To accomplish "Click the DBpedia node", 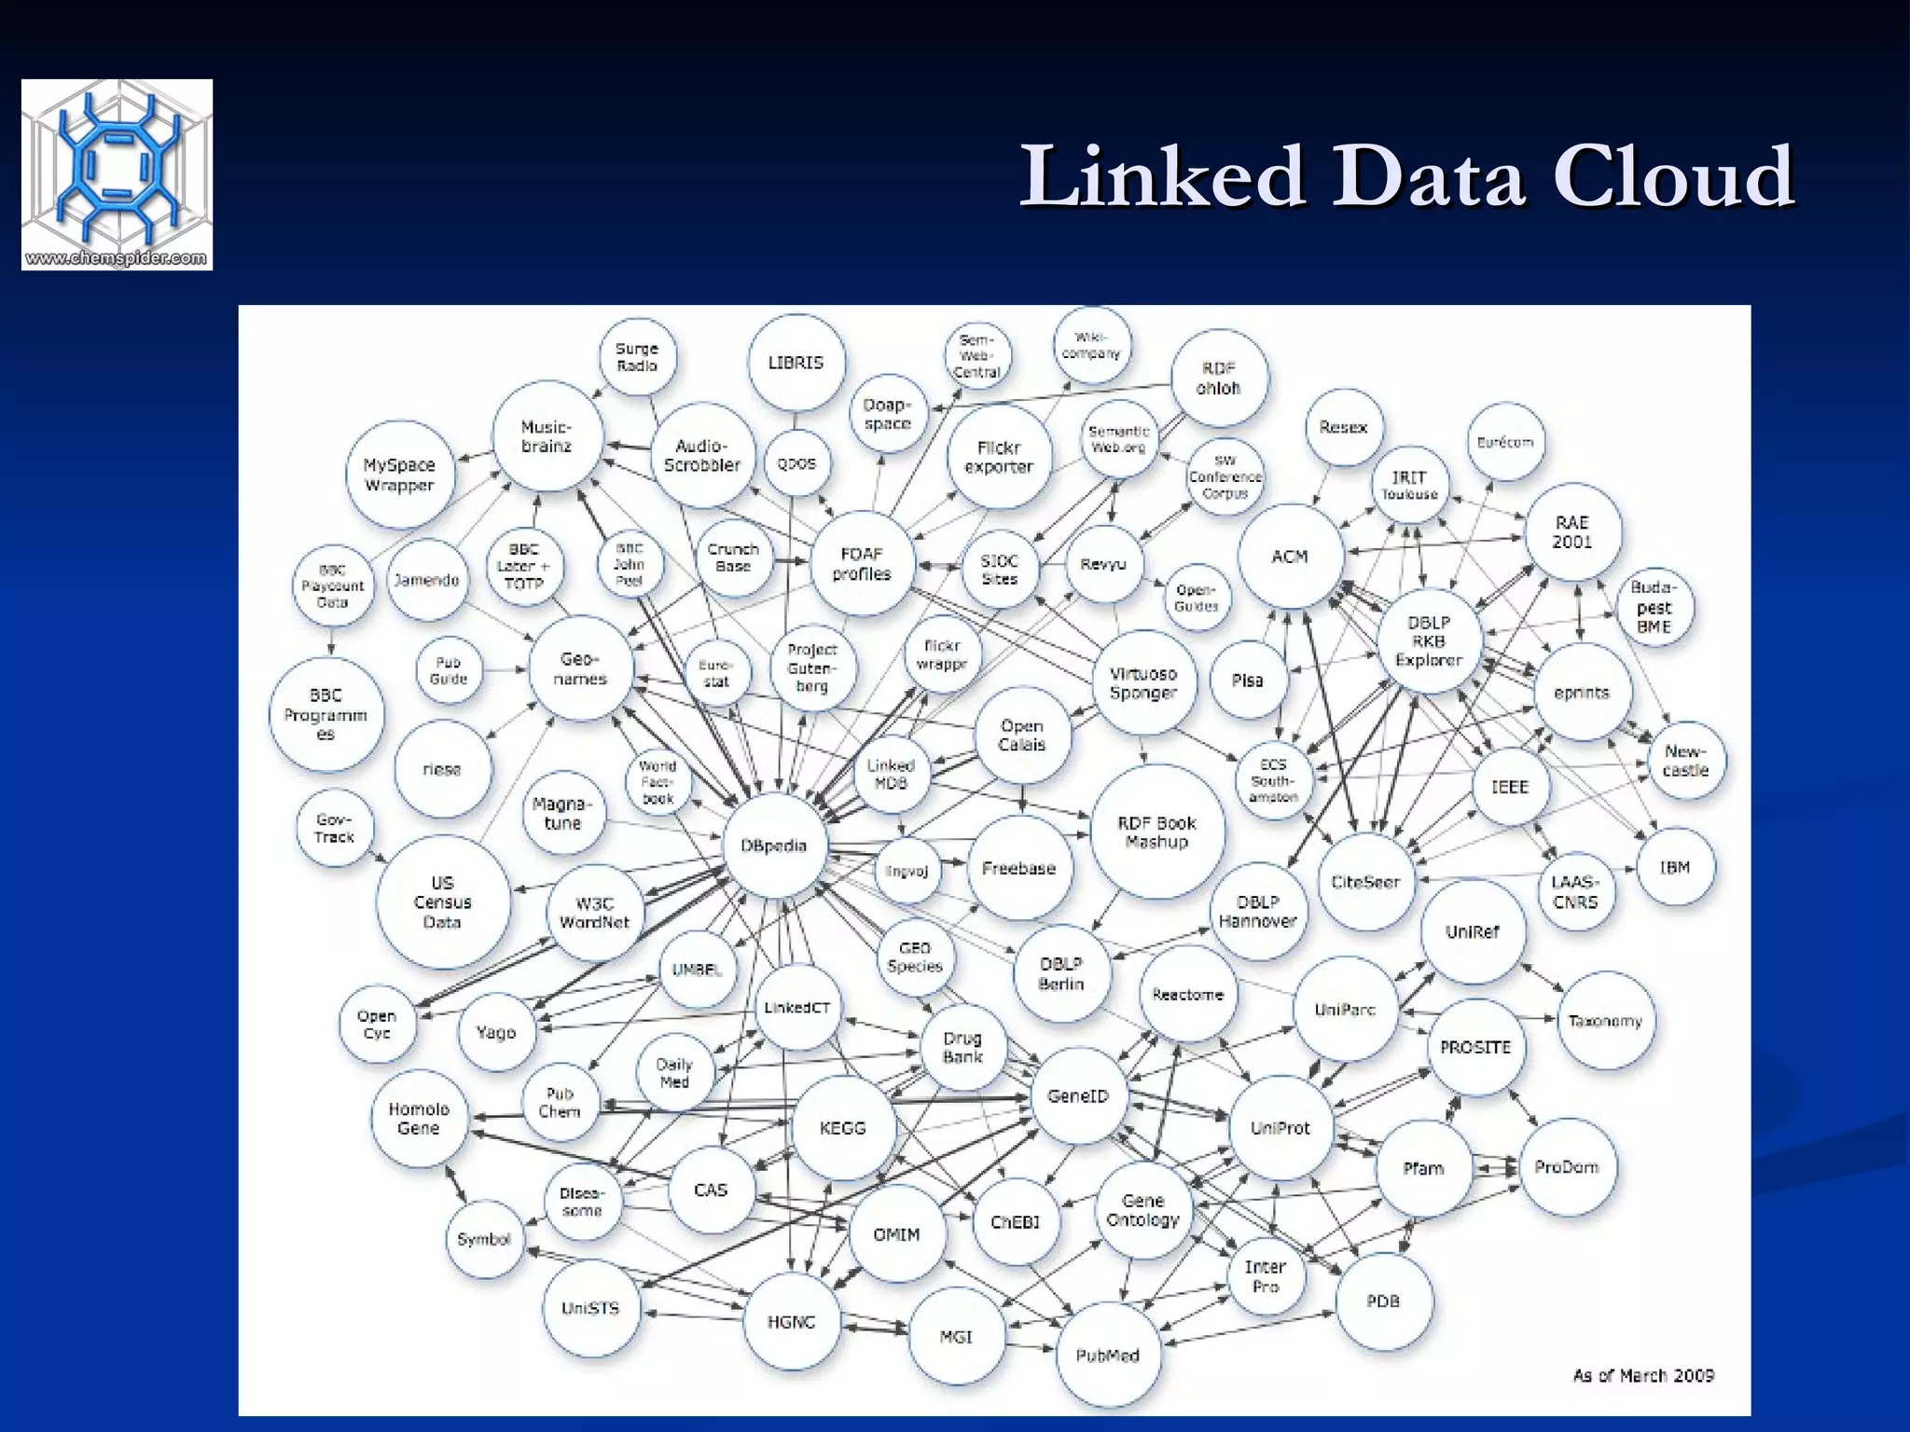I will click(x=774, y=847).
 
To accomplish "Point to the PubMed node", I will click(x=1108, y=1355).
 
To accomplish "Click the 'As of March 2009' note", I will click(x=1643, y=1375).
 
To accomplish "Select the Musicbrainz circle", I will click(x=547, y=436).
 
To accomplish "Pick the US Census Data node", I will click(x=443, y=902).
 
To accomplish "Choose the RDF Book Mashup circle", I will click(x=1156, y=833).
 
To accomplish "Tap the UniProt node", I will click(x=1280, y=1128).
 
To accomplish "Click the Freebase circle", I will click(x=1018, y=868).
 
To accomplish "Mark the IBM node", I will click(x=1675, y=867).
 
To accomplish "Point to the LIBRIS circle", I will click(x=796, y=363).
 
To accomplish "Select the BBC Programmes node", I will click(x=325, y=714).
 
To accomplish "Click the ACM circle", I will click(x=1291, y=557).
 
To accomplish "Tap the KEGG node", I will click(x=843, y=1128).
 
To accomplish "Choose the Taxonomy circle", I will click(x=1605, y=1021).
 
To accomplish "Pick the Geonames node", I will click(x=580, y=668).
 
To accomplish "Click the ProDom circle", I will click(x=1567, y=1167).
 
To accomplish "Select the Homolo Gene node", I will click(x=419, y=1119).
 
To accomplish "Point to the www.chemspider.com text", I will click(x=117, y=258).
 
